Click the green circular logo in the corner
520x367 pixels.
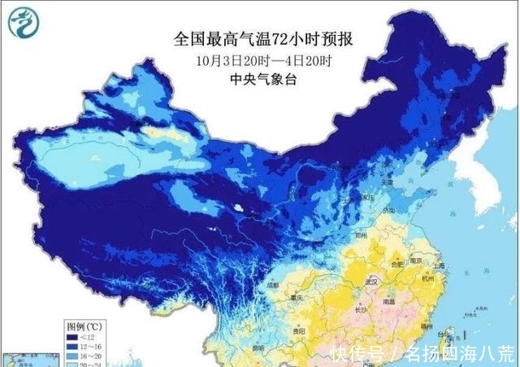pos(22,22)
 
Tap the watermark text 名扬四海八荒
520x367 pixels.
pos(459,354)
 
